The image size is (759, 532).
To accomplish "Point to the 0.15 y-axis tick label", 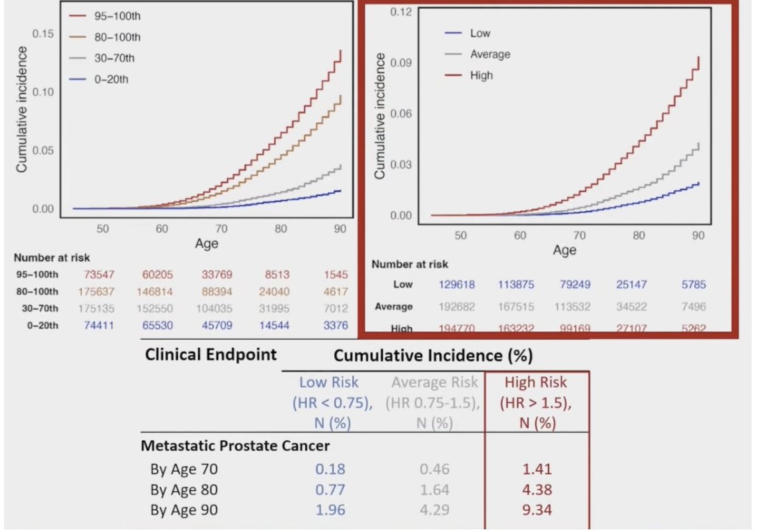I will pos(43,33).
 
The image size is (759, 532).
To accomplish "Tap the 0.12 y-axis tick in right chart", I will pos(401,12).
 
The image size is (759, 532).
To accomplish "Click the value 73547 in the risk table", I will pos(102,274).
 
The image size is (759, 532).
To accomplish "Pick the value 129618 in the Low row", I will pos(458,285).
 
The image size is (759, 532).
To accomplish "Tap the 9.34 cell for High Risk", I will pos(536,511).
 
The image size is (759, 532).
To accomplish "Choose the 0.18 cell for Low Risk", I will pos(330,469).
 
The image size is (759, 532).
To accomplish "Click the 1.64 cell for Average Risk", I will pos(434,490).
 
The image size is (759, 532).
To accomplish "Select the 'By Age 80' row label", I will pos(184,490).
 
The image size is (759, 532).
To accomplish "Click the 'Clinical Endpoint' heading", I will pos(210,354).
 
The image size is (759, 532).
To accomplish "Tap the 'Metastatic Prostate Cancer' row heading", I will pos(235,446).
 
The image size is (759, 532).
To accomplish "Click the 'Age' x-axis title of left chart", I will pos(206,244).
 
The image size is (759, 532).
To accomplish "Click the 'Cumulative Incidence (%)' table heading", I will pos(433,356).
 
